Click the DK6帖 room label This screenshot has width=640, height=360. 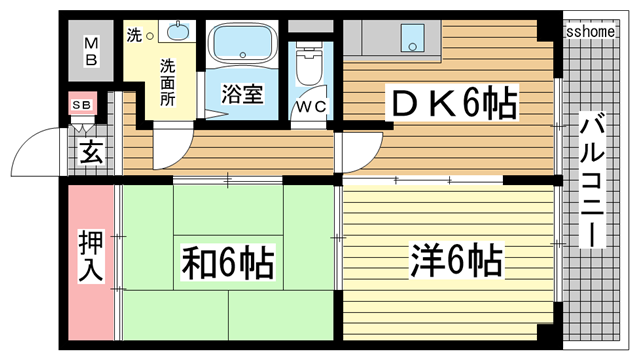pyautogui.click(x=452, y=101)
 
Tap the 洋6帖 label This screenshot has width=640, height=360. pyautogui.click(x=455, y=262)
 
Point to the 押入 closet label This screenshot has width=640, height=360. pyautogui.click(x=91, y=256)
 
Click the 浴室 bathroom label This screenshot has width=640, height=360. pyautogui.click(x=242, y=95)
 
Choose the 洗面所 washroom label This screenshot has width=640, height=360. pyautogui.click(x=167, y=83)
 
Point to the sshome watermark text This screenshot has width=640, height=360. pyautogui.click(x=589, y=32)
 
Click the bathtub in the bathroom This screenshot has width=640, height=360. pyautogui.click(x=244, y=46)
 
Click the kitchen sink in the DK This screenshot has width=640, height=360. pyautogui.click(x=413, y=39)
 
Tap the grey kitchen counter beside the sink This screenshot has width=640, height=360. pyautogui.click(x=369, y=39)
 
